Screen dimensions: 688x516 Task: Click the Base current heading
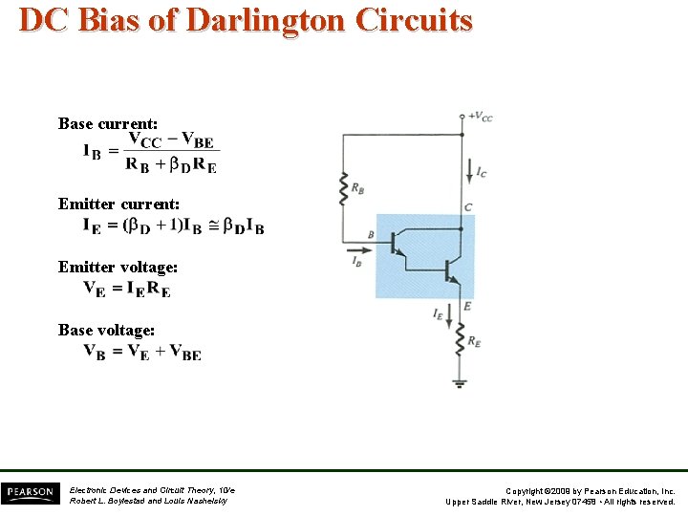tap(108, 123)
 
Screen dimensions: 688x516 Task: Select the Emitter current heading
tap(118, 204)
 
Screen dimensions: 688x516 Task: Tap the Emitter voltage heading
tap(118, 268)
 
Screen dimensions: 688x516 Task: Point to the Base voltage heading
tap(106, 330)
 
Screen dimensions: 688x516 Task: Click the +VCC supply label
tap(481, 118)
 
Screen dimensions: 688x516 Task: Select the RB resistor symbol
tap(343, 188)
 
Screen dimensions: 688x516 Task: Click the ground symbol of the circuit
tap(461, 382)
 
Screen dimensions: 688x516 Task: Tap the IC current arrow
tap(468, 172)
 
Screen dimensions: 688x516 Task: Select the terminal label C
tap(468, 207)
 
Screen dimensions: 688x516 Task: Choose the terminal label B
tap(371, 234)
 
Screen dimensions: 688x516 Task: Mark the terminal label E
tap(467, 306)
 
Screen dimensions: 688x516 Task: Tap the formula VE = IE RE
tap(127, 289)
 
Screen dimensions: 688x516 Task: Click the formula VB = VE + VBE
tap(142, 352)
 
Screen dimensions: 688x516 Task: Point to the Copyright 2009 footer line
tap(590, 490)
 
